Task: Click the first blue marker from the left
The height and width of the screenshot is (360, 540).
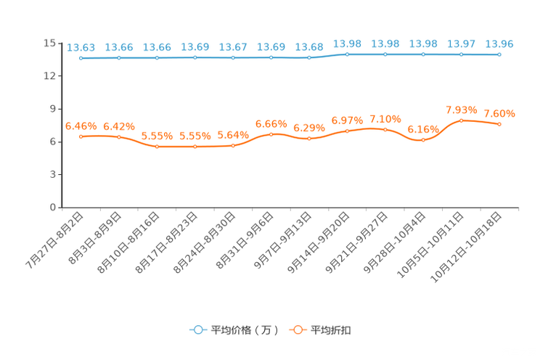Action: tap(81, 58)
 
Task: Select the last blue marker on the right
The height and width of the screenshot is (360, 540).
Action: tap(499, 54)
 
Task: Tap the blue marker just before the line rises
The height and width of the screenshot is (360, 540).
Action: tap(309, 57)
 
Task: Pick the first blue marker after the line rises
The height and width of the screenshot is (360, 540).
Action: tap(348, 54)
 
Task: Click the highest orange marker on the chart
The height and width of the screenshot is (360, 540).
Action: tap(461, 120)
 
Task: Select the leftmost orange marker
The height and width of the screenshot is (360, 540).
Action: tap(81, 136)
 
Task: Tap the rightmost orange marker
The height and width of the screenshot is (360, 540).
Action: tap(499, 124)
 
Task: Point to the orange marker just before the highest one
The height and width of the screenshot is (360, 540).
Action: tap(423, 139)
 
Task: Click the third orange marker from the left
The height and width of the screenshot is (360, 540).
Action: tap(157, 147)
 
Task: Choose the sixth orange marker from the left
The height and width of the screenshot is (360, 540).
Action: tap(271, 134)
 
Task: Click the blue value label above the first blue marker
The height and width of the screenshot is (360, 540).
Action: tap(81, 47)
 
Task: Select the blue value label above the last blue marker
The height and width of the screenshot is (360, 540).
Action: tap(499, 44)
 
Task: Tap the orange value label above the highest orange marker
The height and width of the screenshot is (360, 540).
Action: tap(461, 110)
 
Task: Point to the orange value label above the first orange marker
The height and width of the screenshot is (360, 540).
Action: tap(81, 126)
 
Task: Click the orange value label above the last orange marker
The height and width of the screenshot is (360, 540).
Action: tap(499, 113)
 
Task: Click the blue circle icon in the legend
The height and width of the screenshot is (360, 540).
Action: tap(197, 330)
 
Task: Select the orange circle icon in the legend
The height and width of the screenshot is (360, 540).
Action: tap(297, 330)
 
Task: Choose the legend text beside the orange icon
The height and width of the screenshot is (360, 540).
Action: tap(332, 330)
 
